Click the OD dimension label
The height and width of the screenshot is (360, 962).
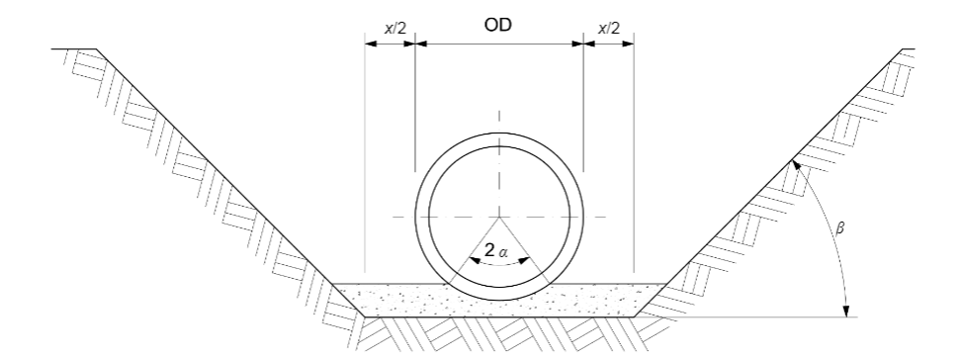pos(497,25)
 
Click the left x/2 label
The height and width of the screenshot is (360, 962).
pos(395,29)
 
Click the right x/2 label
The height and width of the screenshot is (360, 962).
pos(609,29)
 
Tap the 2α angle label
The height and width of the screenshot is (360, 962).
pos(496,250)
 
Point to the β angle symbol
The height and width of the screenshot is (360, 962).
pos(840,228)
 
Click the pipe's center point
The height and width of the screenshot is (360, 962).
pos(499,217)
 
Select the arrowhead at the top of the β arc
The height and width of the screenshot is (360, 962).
pos(796,165)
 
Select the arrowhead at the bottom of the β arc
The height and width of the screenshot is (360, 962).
pos(846,312)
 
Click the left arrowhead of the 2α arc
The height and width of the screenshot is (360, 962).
pos(475,261)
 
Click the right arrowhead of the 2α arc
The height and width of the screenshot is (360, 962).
pos(524,261)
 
